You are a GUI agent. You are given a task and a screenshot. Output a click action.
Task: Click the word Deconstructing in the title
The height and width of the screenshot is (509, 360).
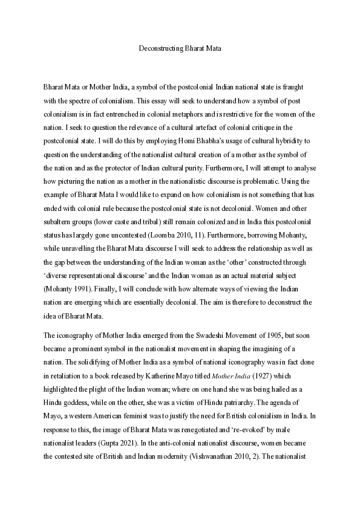click(x=160, y=48)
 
